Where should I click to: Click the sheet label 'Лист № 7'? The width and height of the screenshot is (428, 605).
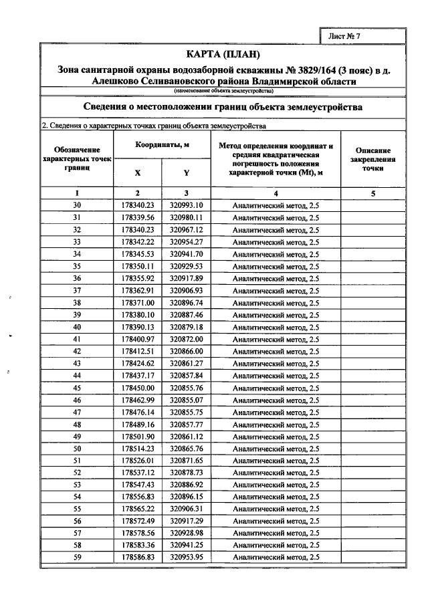pyautogui.click(x=344, y=37)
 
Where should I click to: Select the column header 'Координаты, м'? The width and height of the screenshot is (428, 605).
pyautogui.click(x=162, y=144)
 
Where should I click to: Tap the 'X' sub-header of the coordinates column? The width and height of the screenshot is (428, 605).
pyautogui.click(x=138, y=172)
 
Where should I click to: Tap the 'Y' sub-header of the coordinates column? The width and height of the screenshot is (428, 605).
pyautogui.click(x=186, y=172)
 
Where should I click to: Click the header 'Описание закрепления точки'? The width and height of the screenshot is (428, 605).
pyautogui.click(x=372, y=160)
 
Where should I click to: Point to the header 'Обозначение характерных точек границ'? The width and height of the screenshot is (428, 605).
pyautogui.click(x=78, y=160)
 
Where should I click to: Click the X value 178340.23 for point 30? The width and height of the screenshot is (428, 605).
pyautogui.click(x=138, y=205)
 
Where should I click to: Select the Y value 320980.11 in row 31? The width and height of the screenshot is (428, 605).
pyautogui.click(x=186, y=217)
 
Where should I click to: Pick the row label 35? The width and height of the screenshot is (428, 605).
pyautogui.click(x=77, y=266)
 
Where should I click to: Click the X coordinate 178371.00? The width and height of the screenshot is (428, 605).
pyautogui.click(x=138, y=302)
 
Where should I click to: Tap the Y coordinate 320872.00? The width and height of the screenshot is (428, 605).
pyautogui.click(x=186, y=339)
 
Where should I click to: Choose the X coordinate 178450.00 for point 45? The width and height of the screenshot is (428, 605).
pyautogui.click(x=138, y=388)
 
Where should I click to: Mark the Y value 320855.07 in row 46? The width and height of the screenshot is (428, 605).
pyautogui.click(x=186, y=400)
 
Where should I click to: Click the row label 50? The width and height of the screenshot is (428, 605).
pyautogui.click(x=77, y=449)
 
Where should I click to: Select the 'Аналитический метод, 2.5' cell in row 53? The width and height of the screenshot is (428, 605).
pyautogui.click(x=276, y=485)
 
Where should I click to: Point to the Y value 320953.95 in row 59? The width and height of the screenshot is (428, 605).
pyautogui.click(x=186, y=558)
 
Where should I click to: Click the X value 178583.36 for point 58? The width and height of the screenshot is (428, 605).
pyautogui.click(x=138, y=546)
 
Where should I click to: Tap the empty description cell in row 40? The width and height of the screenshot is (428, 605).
pyautogui.click(x=372, y=327)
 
